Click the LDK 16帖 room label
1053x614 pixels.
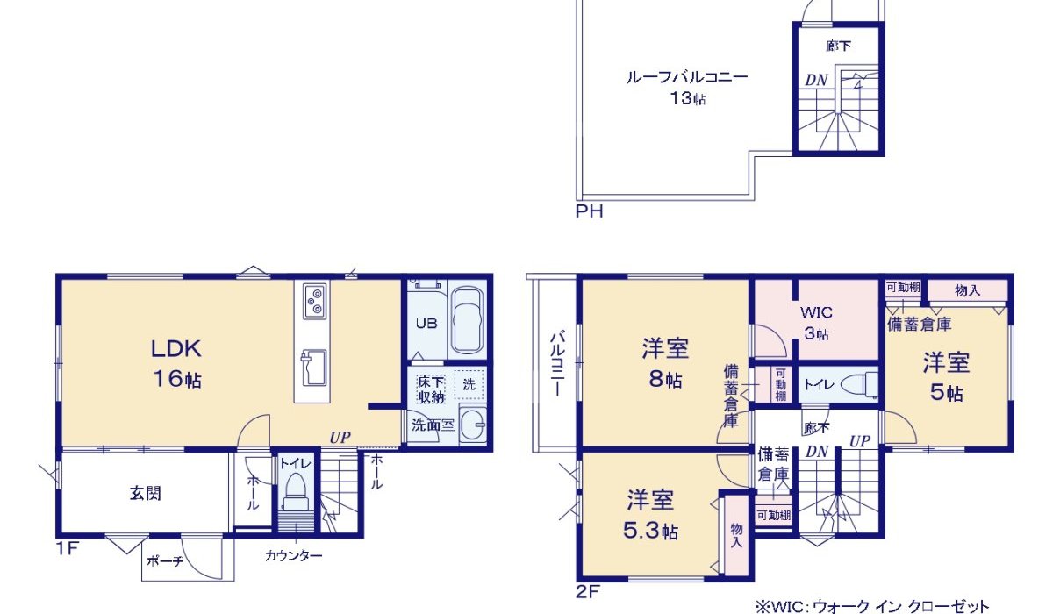[177, 363]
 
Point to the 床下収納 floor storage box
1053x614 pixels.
[431, 388]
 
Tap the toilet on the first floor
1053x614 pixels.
[295, 491]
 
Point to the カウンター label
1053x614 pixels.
[294, 556]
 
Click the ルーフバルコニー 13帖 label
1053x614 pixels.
[686, 87]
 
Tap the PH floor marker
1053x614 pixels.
[589, 211]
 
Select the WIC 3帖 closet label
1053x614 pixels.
[815, 322]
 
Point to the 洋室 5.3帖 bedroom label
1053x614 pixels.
[650, 515]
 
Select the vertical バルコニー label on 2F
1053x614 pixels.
[556, 363]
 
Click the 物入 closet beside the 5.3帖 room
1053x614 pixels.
[735, 534]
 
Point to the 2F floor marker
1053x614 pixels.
[588, 591]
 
